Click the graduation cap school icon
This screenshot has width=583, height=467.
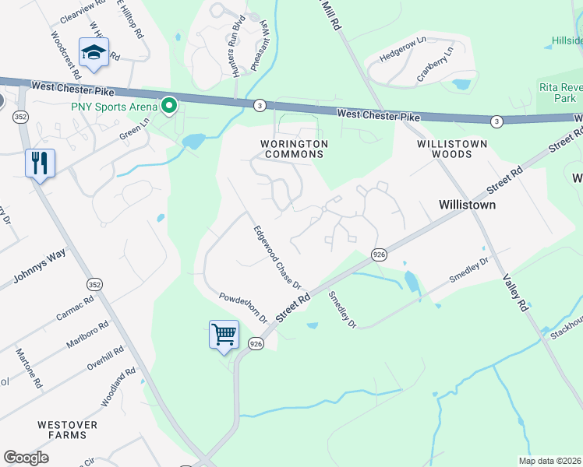pos(94,53)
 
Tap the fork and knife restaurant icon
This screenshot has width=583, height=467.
pos(40,163)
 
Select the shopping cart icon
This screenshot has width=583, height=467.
pos(224,335)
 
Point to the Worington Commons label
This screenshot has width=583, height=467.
pos(294,149)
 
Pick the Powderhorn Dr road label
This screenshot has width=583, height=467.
pos(242,308)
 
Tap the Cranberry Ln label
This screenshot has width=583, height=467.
pos(434,63)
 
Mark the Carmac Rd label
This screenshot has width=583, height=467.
pos(74,307)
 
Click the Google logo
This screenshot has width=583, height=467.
pos(26,457)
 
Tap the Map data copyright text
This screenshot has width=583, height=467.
pos(549,461)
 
